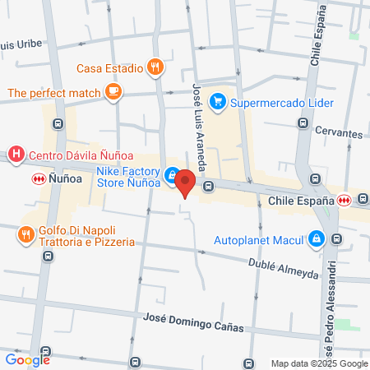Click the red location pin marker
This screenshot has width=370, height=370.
click(186, 182)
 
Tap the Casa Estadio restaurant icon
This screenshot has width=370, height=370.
click(155, 67)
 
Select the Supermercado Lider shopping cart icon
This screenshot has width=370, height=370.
click(217, 102)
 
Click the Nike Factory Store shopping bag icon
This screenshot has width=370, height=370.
click(170, 175)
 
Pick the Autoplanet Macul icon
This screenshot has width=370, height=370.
click(315, 239)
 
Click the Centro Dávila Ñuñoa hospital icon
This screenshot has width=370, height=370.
click(15, 154)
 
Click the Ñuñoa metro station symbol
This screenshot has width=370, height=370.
click(38, 178)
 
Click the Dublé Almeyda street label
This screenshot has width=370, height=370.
click(282, 268)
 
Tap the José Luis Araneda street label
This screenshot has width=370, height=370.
click(197, 116)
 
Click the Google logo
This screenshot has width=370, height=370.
click(27, 359)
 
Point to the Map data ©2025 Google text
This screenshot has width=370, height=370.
click(320, 363)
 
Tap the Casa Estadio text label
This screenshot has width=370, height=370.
click(111, 68)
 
